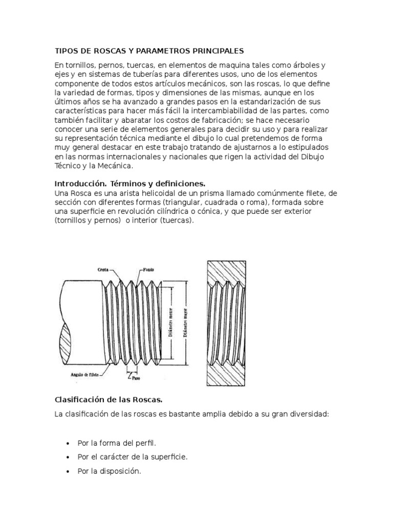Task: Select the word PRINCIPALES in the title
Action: tap(214, 51)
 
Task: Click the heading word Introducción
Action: tap(78, 183)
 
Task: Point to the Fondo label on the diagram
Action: tap(148, 269)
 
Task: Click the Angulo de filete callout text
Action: tap(85, 374)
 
